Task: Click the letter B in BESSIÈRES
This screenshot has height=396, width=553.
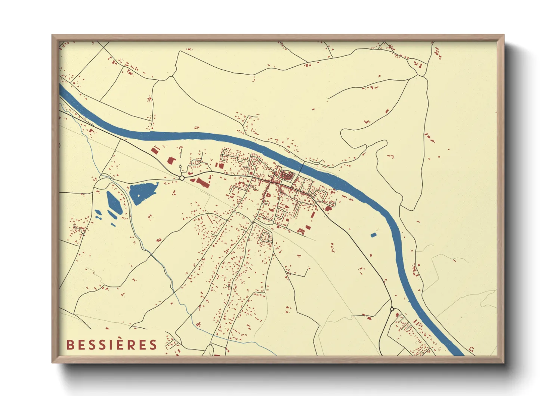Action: (x=69, y=345)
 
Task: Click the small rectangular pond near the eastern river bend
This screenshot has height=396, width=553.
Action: (x=373, y=235)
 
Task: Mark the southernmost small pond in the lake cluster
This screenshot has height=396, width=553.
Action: (x=113, y=225)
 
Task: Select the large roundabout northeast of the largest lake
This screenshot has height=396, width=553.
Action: (x=182, y=178)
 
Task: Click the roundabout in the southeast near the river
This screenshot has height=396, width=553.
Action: (x=392, y=310)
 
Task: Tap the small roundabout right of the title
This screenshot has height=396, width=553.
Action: (x=211, y=344)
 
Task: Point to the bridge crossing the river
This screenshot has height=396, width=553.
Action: (x=301, y=167)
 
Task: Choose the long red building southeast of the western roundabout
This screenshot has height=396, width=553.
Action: (x=202, y=183)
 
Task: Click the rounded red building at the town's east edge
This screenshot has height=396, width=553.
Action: (x=328, y=208)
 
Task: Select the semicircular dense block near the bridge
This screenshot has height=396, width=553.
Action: (x=286, y=174)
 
